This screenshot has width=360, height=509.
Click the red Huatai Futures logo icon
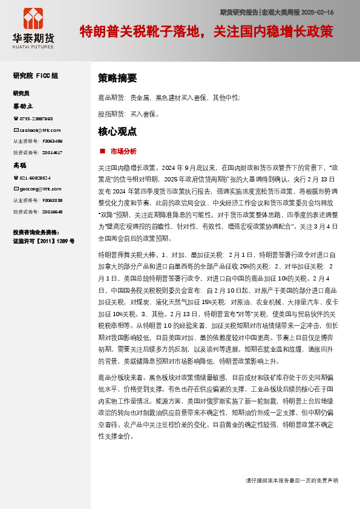click(33, 19)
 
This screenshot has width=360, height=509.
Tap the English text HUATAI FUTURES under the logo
click(33, 46)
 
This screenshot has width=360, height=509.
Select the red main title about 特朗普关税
click(206, 31)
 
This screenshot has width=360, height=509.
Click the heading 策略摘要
click(117, 78)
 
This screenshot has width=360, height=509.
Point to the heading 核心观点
click(117, 131)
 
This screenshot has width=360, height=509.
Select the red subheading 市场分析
click(123, 151)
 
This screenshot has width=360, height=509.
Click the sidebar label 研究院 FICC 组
click(36, 76)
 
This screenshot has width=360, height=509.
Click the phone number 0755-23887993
click(36, 118)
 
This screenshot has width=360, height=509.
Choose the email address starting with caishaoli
click(39, 130)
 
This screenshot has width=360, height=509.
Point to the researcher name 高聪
click(20, 165)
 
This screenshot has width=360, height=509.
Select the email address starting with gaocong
click(38, 189)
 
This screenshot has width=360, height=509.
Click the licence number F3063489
click(52, 141)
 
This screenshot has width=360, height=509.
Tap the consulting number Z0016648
click(52, 212)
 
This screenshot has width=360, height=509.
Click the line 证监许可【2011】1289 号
click(44, 241)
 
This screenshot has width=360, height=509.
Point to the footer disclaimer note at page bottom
click(292, 480)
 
